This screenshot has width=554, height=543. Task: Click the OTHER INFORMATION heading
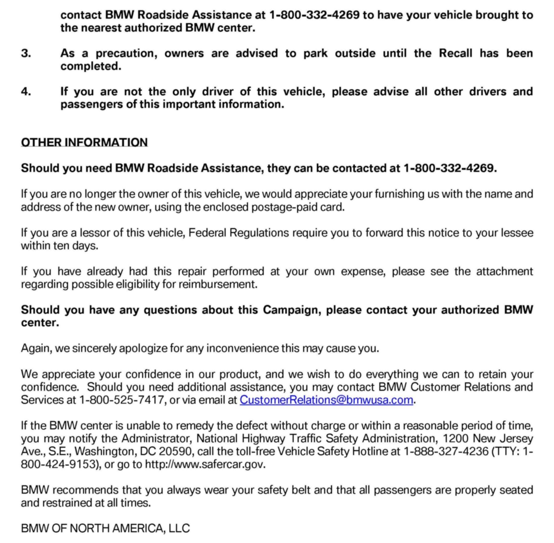pos(84,142)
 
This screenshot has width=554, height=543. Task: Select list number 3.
pos(26,53)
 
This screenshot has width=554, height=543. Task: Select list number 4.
pos(26,92)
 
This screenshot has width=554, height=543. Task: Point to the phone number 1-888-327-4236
pos(446,451)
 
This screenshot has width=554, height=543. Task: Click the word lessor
pos(95,233)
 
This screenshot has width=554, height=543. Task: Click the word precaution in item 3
pos(126,53)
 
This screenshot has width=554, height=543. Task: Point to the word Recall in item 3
pos(455,53)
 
